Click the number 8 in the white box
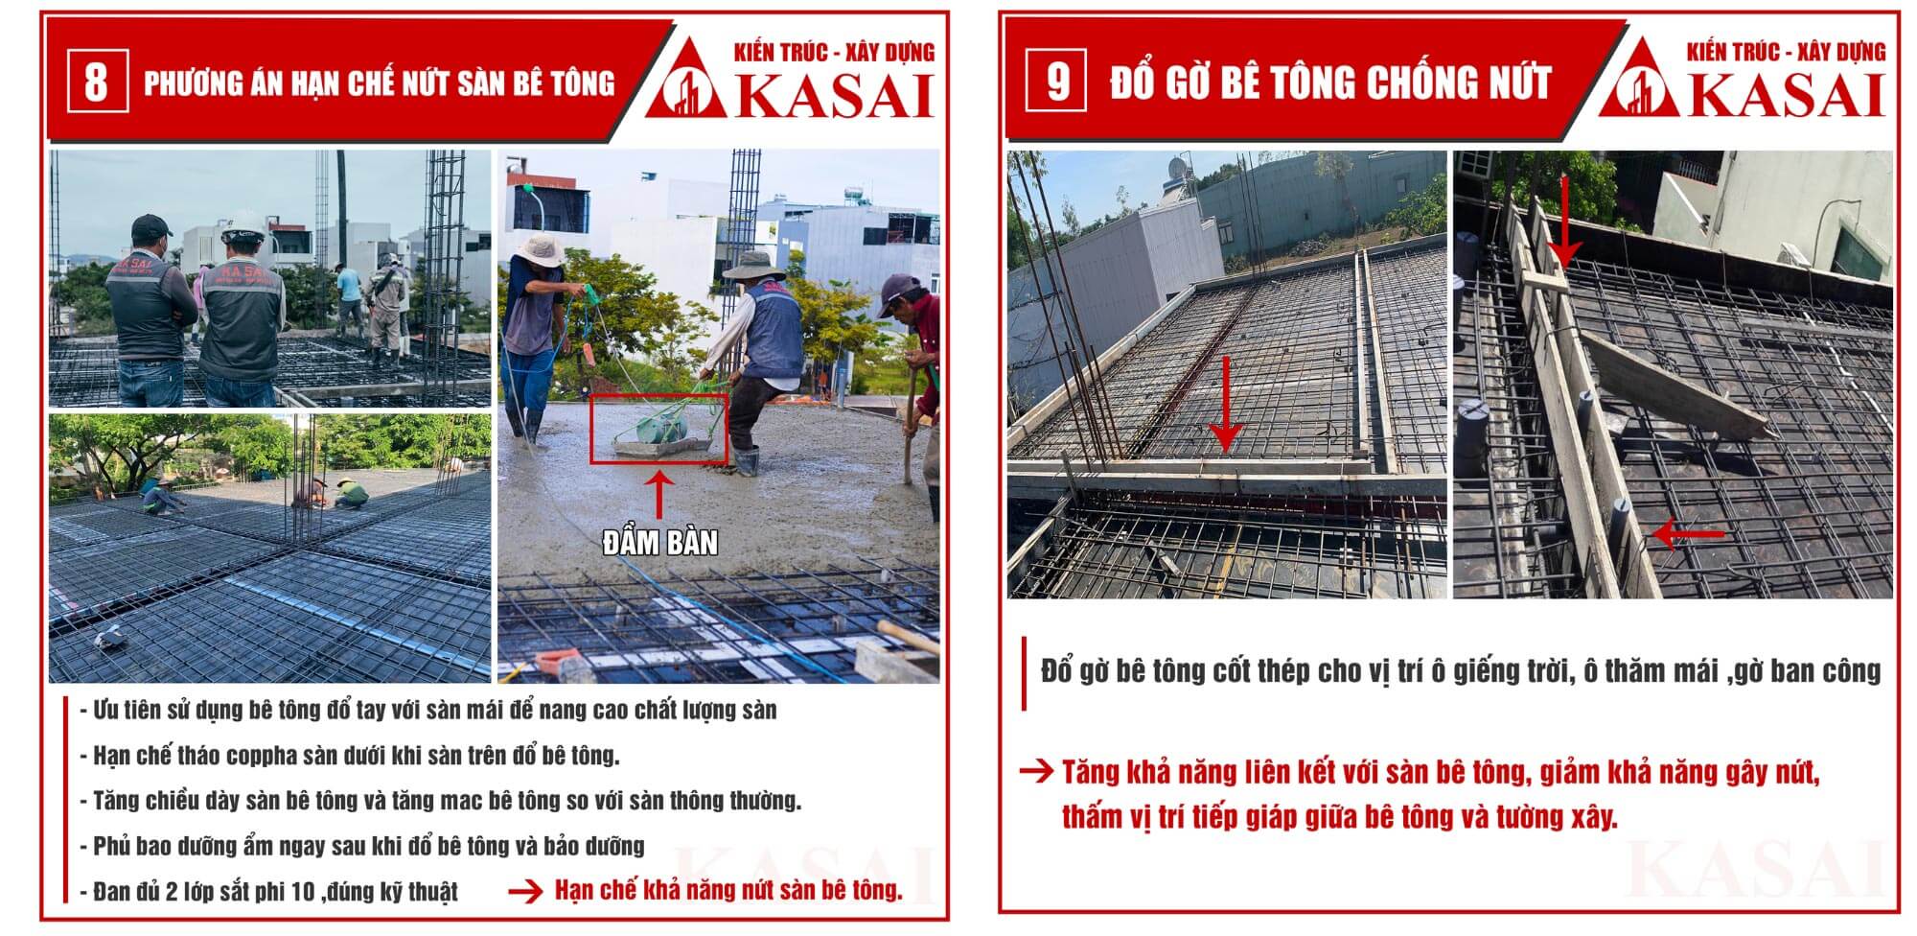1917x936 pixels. (96, 82)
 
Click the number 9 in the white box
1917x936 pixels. (1056, 81)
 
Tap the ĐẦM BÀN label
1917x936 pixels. (659, 543)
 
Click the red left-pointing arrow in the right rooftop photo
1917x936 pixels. (1688, 533)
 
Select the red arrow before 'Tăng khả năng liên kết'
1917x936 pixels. (1036, 771)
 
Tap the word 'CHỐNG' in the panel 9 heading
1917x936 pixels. (1421, 82)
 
